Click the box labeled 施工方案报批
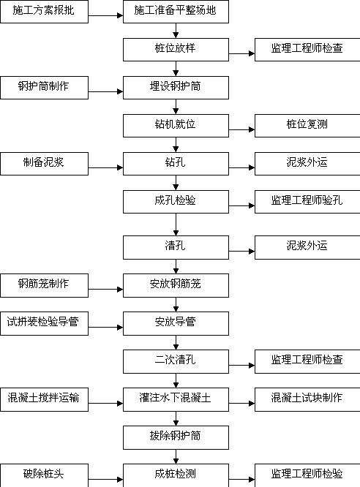coord(44,12)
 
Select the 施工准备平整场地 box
coord(176,12)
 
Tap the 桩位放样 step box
coord(176,50)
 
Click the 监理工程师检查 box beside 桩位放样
coord(307,50)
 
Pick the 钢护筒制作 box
coord(44,88)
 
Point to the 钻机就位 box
coord(176,126)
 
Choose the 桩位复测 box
coord(307,126)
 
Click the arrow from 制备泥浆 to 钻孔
coord(105,167)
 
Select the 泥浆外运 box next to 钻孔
coord(307,164)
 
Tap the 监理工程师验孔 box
coord(307,202)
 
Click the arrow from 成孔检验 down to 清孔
coord(176,224)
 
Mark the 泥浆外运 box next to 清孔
coord(307,248)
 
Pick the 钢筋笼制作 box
coord(44,285)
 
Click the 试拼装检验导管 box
coord(44,324)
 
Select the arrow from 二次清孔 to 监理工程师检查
coord(242,366)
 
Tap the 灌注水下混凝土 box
coord(176,400)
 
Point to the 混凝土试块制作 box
coord(307,400)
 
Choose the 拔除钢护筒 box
coord(176,437)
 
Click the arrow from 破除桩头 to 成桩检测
coord(105,480)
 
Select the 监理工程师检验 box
coord(307,475)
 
